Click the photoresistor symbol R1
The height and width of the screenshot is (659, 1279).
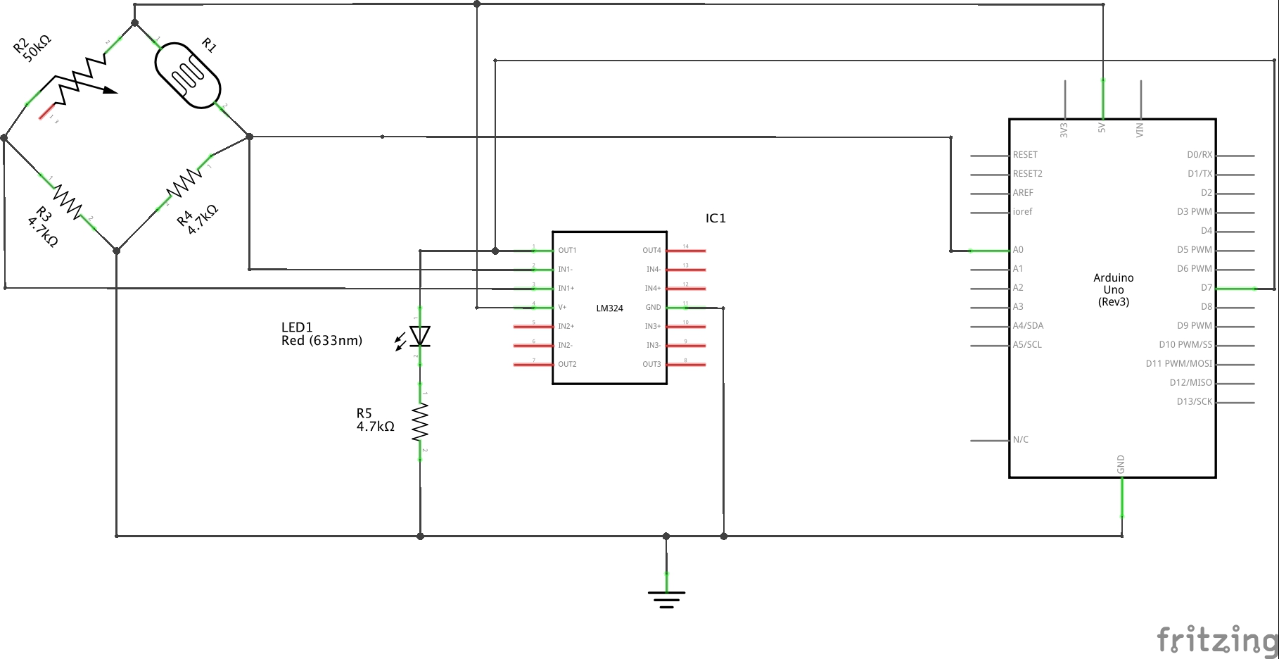coord(188,75)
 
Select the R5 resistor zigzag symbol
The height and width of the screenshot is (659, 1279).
coord(420,421)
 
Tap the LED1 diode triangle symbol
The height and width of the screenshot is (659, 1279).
coord(420,337)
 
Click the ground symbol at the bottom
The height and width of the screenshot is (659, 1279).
coord(666,599)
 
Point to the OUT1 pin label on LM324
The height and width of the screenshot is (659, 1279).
coord(567,251)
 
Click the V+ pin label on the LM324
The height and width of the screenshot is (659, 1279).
coord(562,308)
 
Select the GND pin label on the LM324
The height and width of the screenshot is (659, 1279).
coord(653,308)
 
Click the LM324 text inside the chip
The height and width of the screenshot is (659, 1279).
coord(609,308)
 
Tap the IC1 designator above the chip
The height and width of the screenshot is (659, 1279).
coord(715,218)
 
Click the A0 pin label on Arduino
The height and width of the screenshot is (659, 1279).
coord(1018,250)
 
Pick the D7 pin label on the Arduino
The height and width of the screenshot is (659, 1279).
coord(1206,288)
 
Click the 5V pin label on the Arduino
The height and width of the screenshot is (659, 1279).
coord(1102,127)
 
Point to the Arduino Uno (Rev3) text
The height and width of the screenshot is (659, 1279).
coord(1114,289)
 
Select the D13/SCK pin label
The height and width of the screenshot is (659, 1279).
coord(1195,402)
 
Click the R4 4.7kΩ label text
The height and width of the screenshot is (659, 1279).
coord(198,219)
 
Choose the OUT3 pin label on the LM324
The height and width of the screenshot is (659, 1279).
coord(651,365)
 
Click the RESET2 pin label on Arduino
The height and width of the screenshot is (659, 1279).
coord(1027,174)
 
